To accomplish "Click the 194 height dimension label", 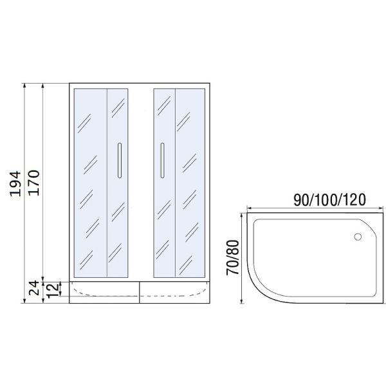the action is (15, 183).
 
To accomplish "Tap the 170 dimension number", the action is (33, 183).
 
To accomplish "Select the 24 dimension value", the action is (33, 288).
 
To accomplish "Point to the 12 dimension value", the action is (53, 291).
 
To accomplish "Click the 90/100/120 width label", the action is (329, 199).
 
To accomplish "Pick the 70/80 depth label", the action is (233, 257).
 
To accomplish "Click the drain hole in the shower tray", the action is (358, 237).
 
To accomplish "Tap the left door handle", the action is (120, 160).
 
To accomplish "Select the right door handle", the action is (162, 160).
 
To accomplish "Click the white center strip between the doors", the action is (141, 183).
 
